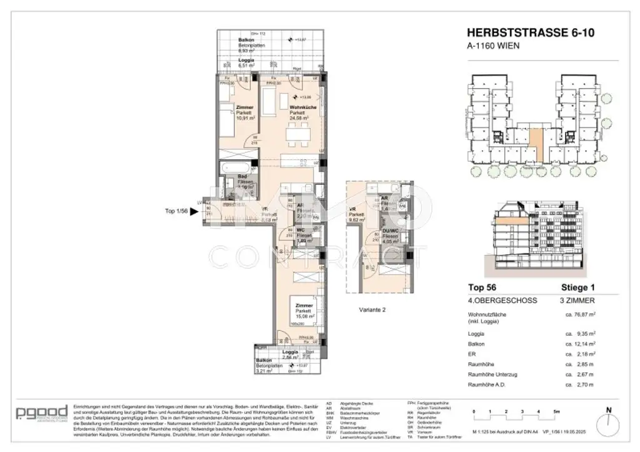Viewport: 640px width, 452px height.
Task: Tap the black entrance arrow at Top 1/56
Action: (x=194, y=212)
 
